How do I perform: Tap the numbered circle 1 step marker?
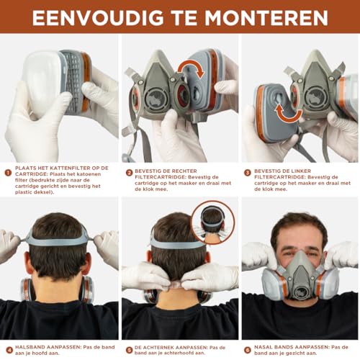pos(6,172)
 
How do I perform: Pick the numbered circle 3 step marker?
pos(247,172)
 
